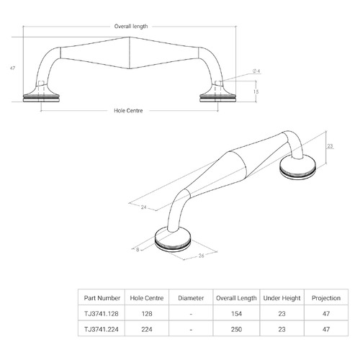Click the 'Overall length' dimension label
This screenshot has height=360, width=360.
point(131,26)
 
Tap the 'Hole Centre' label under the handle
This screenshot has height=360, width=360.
point(128,111)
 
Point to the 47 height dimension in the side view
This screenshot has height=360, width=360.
point(12,68)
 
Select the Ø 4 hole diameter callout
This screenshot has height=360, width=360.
point(256,71)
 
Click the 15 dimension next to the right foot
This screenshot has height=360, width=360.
point(256,91)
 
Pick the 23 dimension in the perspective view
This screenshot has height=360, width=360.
point(330,146)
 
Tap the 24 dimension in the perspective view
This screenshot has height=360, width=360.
point(143,207)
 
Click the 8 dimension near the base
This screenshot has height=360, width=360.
point(138,250)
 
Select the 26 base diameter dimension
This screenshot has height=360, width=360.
point(201,256)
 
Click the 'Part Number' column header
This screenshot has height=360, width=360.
point(102,298)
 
